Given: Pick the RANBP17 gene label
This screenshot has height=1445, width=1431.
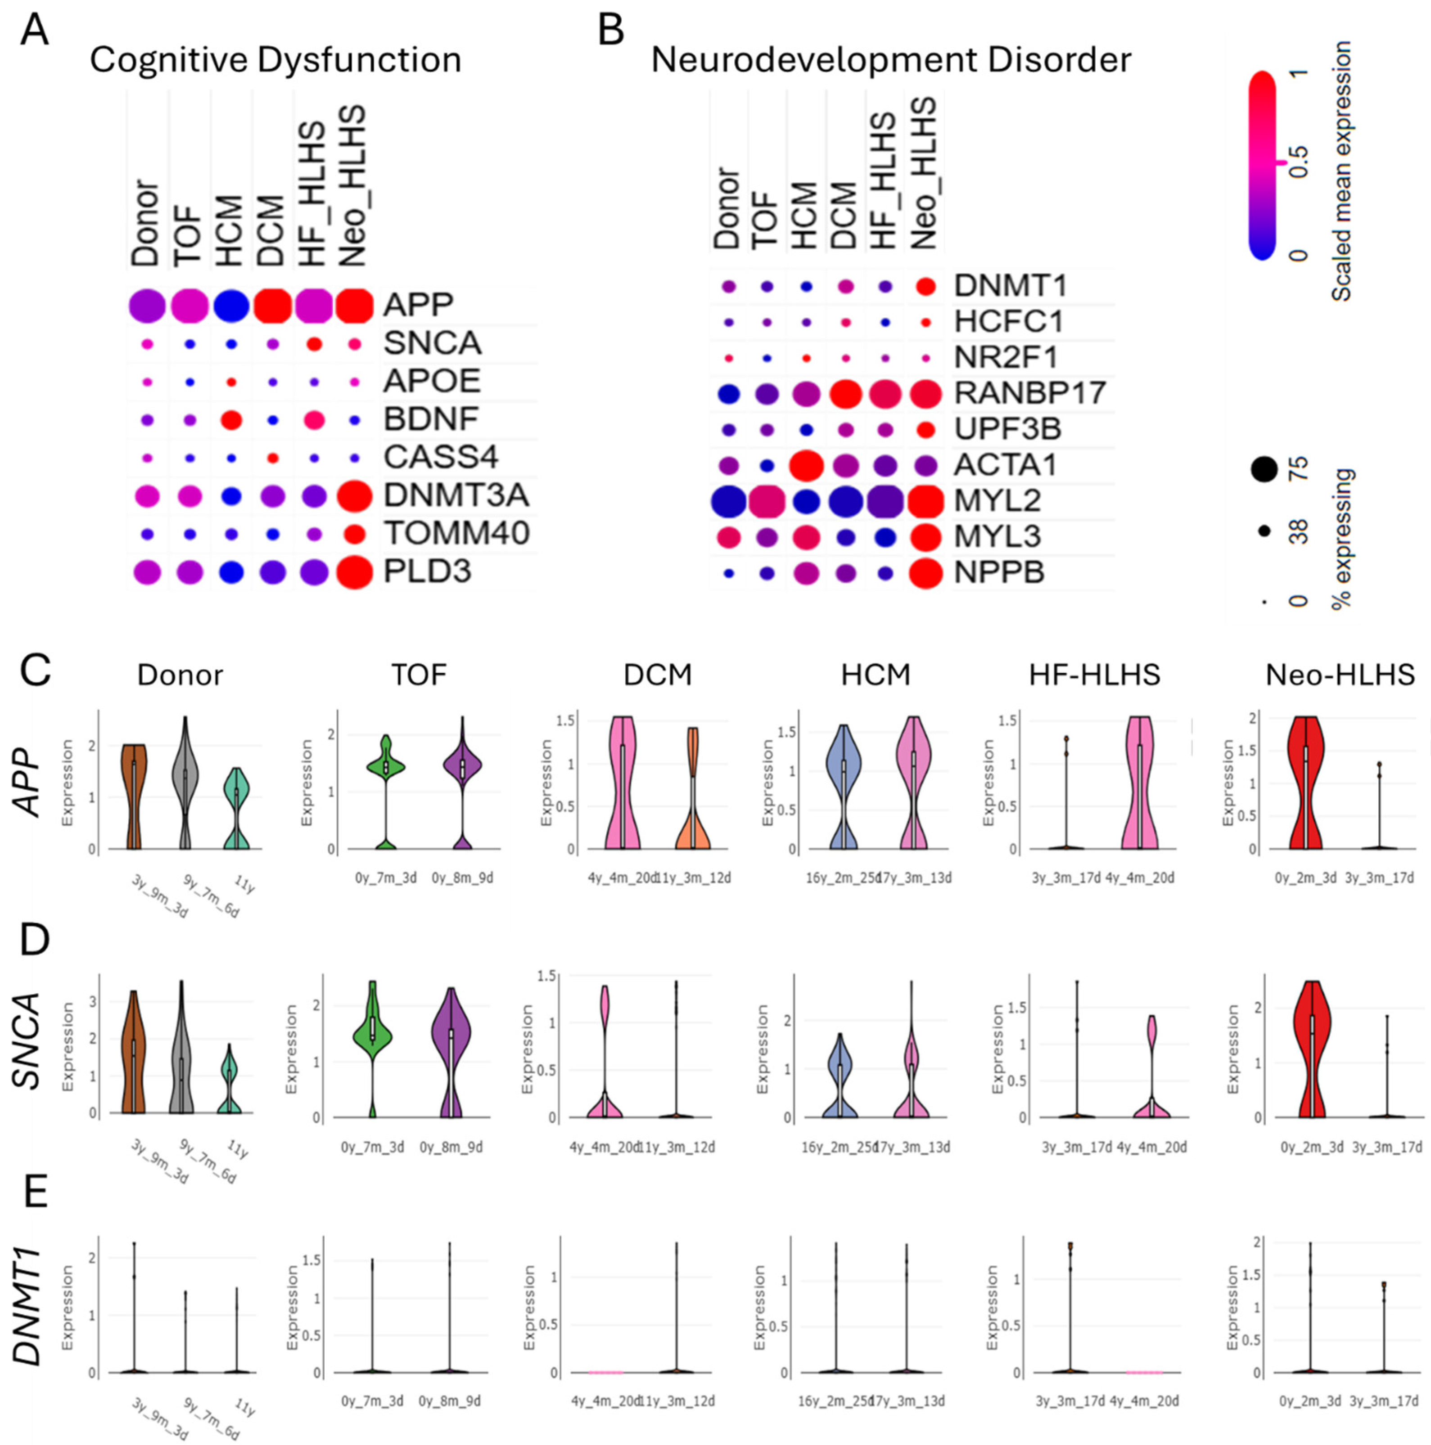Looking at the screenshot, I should tap(1029, 393).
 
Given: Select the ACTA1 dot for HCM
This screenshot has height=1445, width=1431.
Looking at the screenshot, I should tap(806, 465).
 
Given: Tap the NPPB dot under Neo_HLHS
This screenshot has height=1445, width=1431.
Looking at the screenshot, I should tap(925, 573).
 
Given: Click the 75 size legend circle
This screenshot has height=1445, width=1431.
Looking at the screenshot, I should tap(1264, 470).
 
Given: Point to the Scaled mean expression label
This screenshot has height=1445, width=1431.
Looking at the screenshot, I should tap(1341, 172).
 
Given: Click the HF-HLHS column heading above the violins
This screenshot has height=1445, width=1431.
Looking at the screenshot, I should tap(1094, 675).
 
